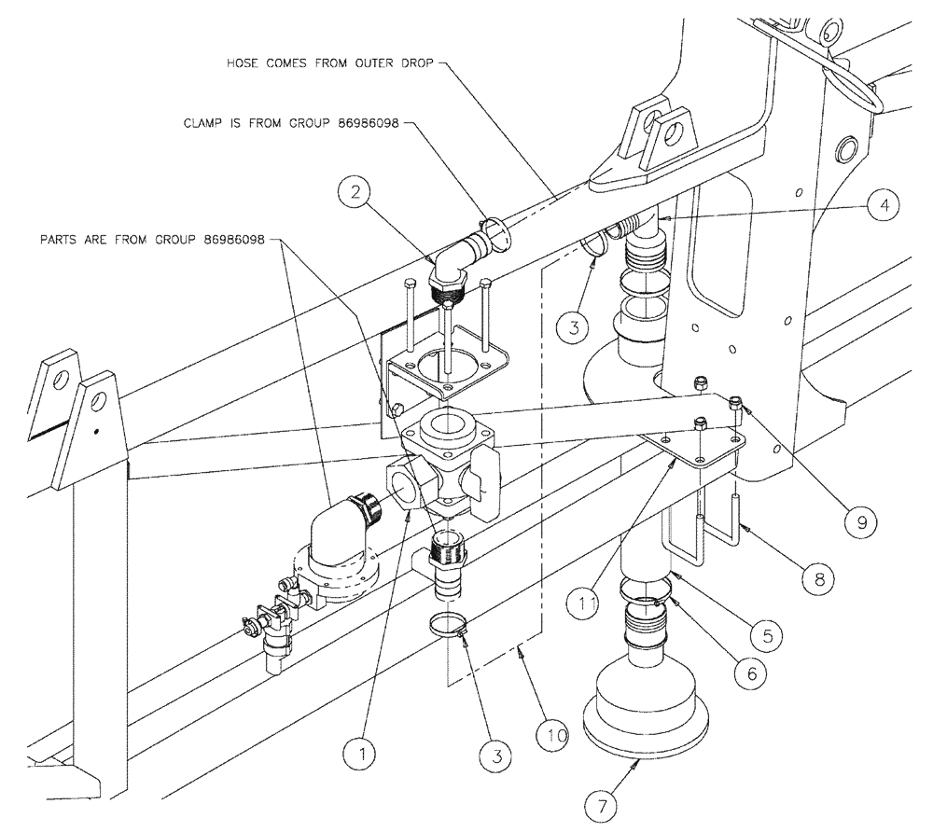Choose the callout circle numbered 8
tap(818, 579)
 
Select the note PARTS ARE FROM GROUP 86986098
tap(151, 240)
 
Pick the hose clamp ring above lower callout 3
tap(449, 624)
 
